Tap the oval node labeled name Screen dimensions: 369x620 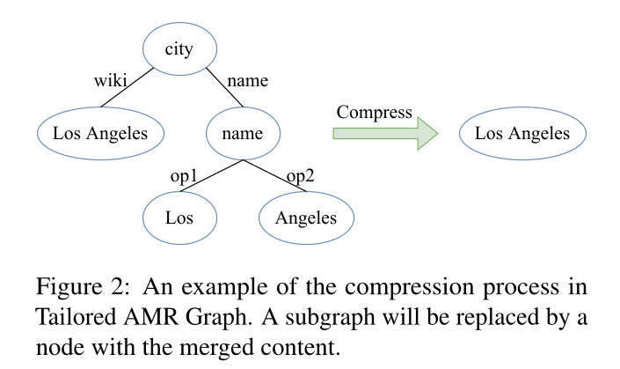click(242, 134)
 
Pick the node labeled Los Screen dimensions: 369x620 click(179, 217)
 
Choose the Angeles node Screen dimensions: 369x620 click(305, 217)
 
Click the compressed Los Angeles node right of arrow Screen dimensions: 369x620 click(522, 134)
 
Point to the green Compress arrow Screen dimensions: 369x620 click(384, 133)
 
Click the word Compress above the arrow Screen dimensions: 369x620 click(374, 112)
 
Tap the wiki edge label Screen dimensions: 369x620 click(111, 82)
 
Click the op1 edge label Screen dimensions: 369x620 click(184, 175)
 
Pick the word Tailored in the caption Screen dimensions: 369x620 click(69, 316)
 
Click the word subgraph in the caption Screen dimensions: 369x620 click(355, 316)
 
